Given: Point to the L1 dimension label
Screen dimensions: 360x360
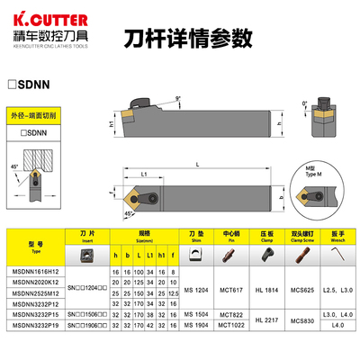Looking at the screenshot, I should (x=145, y=172).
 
